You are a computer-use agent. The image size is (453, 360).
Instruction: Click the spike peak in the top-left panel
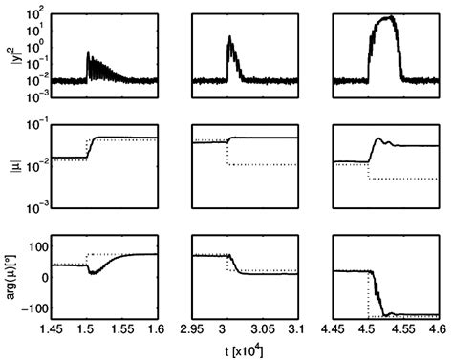pos(89,52)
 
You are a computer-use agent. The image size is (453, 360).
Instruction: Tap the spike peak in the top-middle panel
pos(229,37)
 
